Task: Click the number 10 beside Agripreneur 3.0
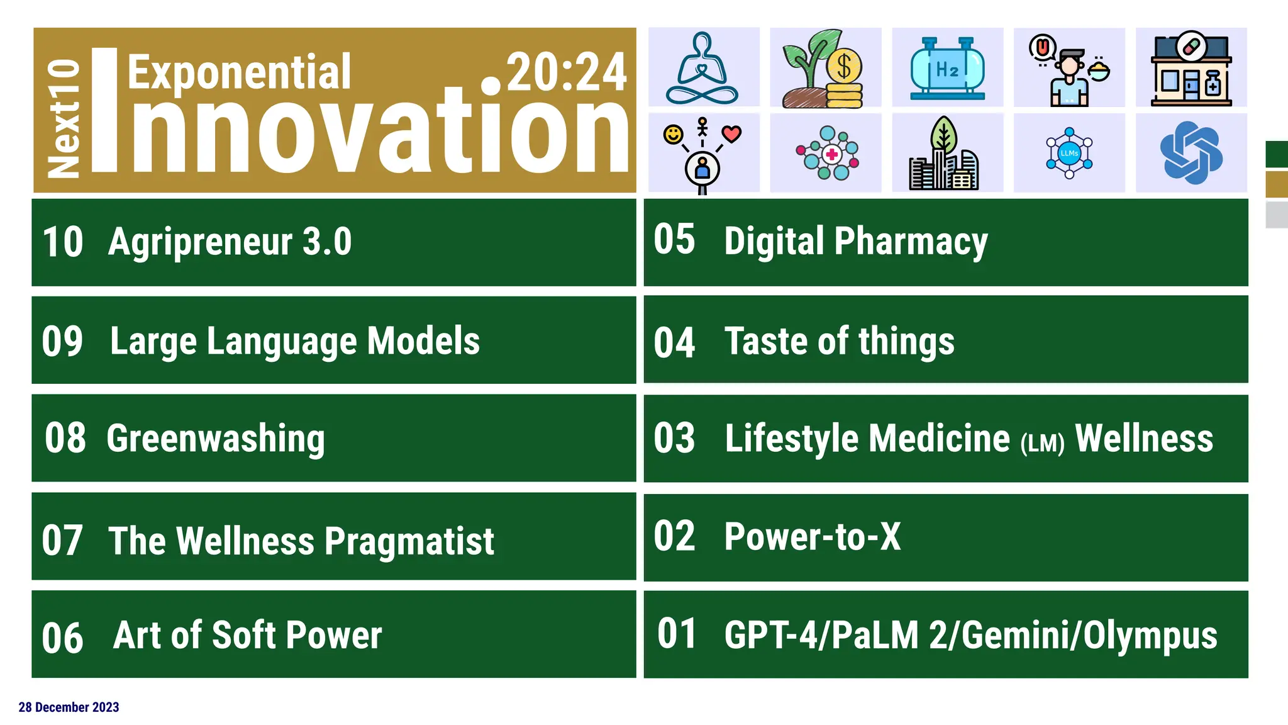(x=62, y=242)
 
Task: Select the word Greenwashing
(x=216, y=439)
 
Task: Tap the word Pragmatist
(x=409, y=541)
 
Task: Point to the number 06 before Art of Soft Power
(x=62, y=638)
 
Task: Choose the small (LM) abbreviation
(x=1042, y=443)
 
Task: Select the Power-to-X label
(x=812, y=537)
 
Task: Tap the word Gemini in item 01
(x=1017, y=635)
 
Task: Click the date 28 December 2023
(x=69, y=707)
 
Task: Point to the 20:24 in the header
(x=566, y=72)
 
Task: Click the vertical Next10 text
(x=64, y=118)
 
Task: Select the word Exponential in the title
(x=239, y=72)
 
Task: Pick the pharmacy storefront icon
(x=1191, y=68)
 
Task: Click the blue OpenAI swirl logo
(x=1191, y=153)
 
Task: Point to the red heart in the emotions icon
(x=731, y=133)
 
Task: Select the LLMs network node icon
(x=1069, y=153)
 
